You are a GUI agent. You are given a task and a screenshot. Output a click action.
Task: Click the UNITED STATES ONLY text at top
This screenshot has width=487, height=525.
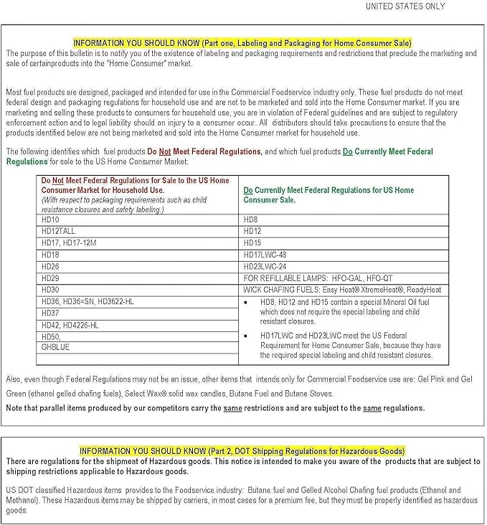coord(405,6)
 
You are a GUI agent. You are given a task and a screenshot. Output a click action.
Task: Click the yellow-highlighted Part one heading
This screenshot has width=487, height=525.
coord(242,43)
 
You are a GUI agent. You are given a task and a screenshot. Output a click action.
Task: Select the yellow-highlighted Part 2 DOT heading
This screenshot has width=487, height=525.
coord(242,451)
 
